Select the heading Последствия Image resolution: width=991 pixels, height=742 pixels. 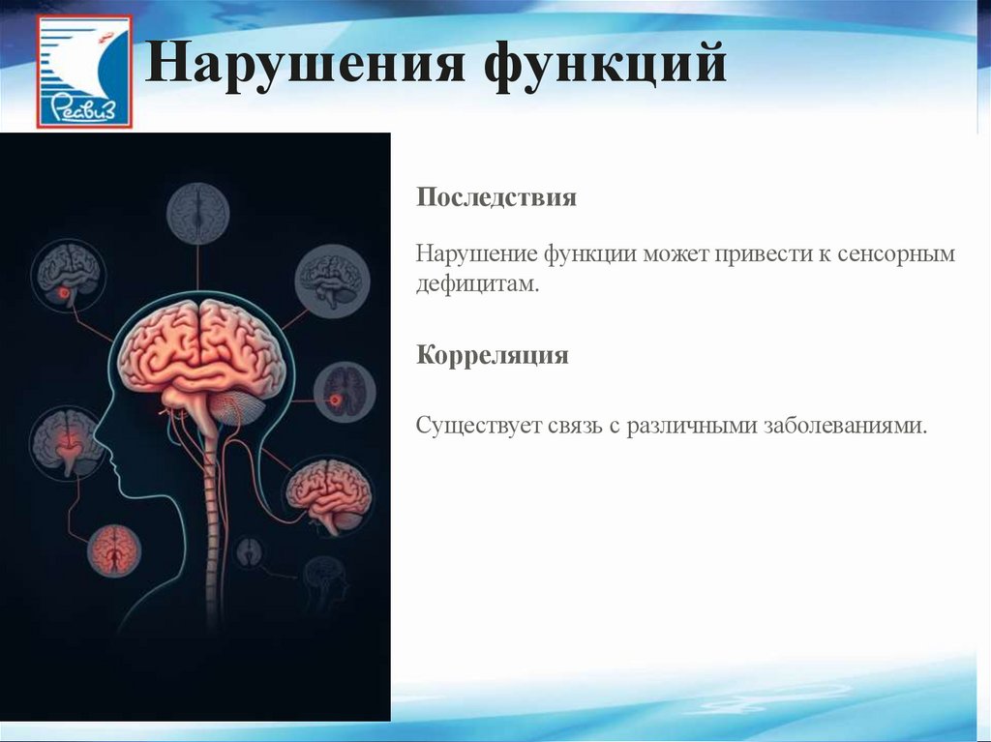[x=496, y=198]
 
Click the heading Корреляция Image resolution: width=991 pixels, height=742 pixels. [x=493, y=355]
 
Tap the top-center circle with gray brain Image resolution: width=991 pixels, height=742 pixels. [x=198, y=214]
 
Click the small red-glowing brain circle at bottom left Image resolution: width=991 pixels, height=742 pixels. [x=114, y=550]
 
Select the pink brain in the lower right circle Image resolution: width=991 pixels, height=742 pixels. [x=328, y=493]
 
